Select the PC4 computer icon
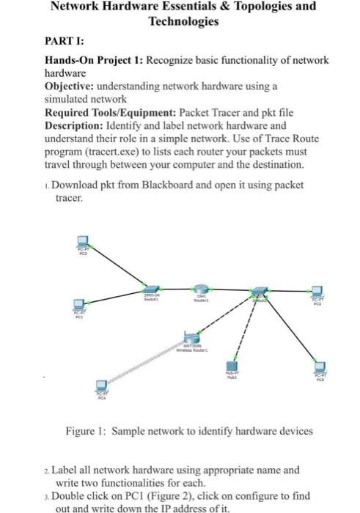click(101, 386)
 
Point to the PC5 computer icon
click(319, 366)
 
